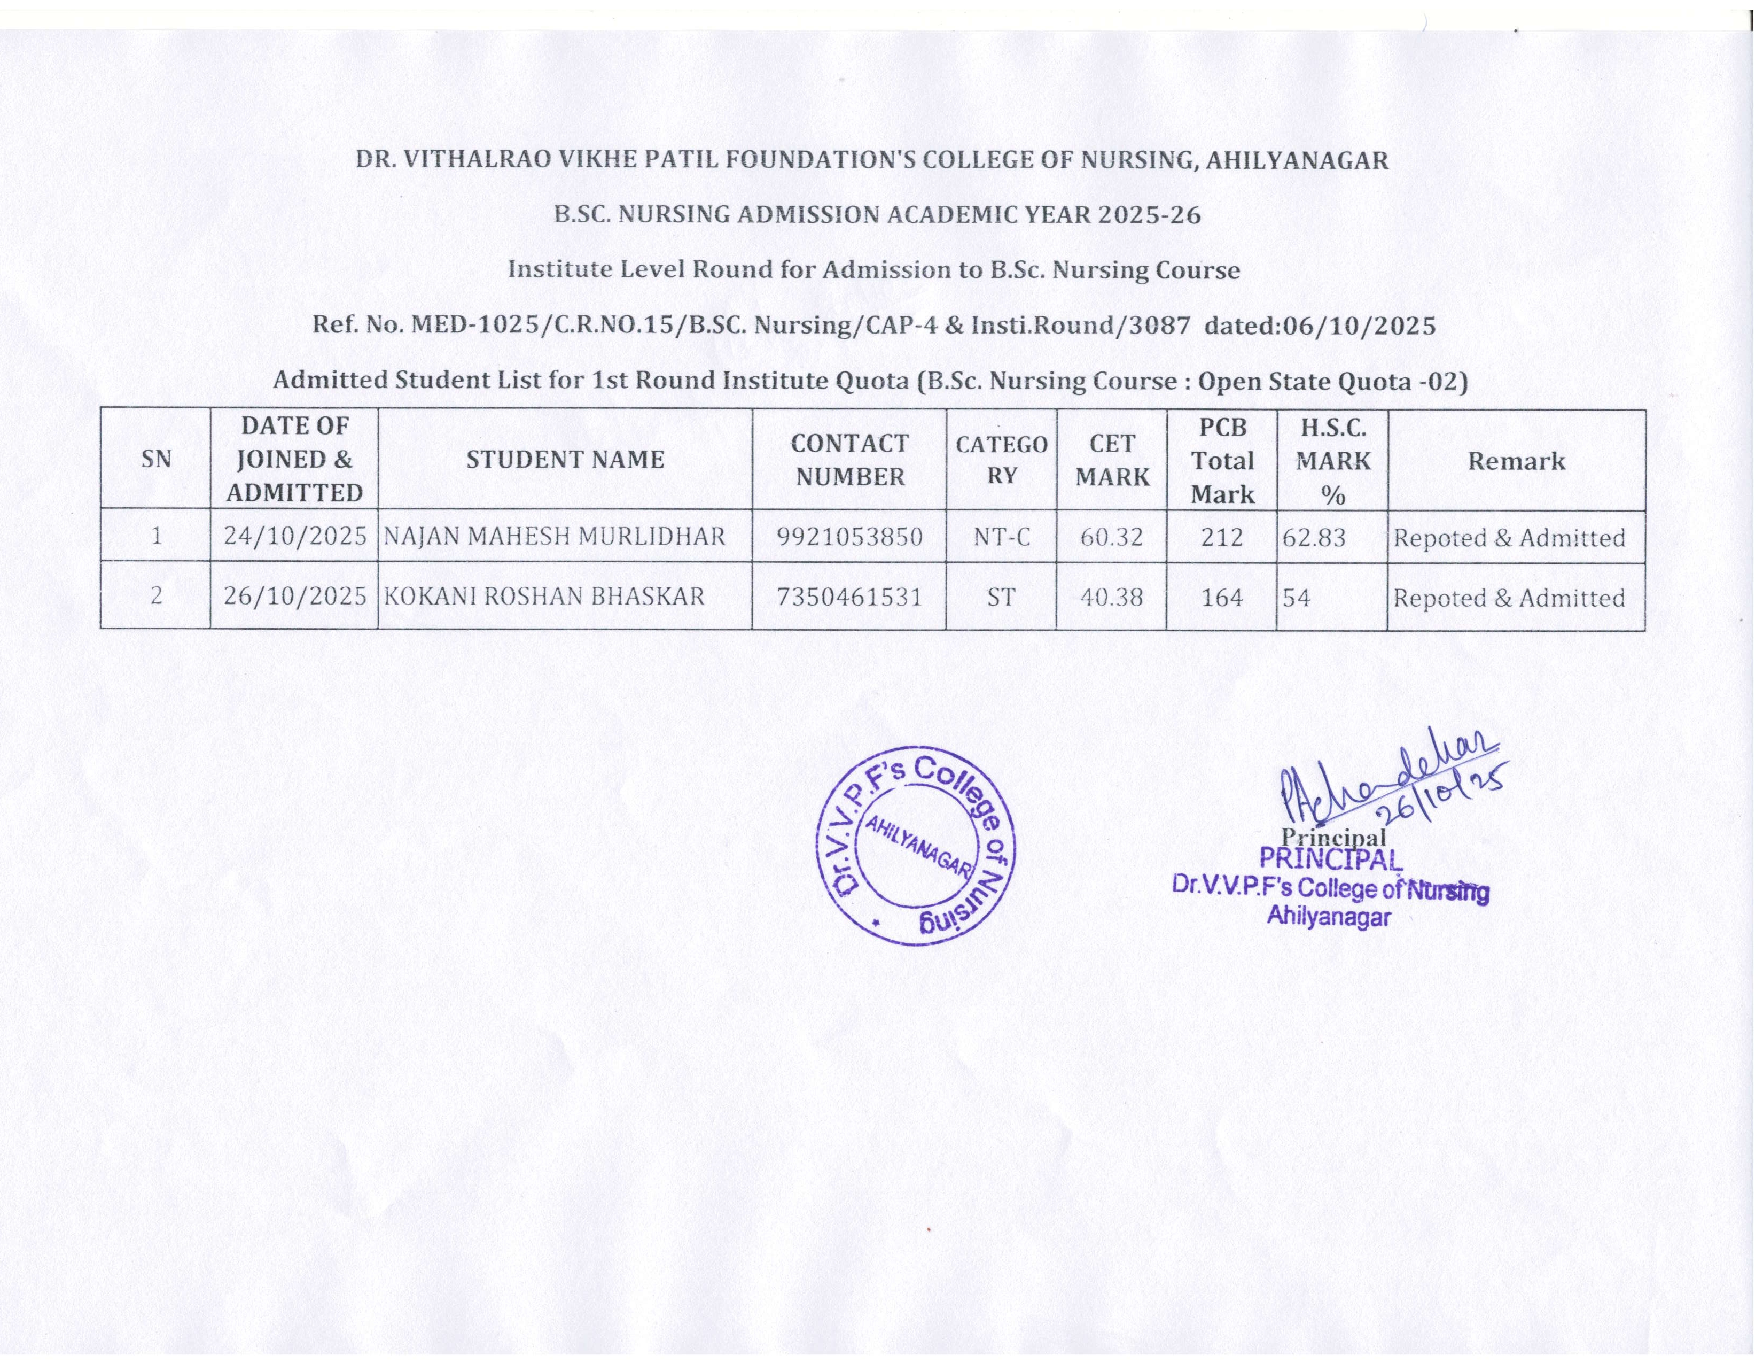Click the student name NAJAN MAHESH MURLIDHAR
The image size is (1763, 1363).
tap(555, 537)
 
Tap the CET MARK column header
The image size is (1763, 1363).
tap(1112, 460)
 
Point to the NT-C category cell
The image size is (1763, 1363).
tap(1001, 537)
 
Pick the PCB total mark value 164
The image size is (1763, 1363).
tap(1221, 598)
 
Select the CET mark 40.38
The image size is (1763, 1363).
tap(1112, 598)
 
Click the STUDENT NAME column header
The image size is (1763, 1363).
tap(565, 460)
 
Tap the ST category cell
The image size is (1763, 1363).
tap(1001, 598)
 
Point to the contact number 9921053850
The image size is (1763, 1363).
tap(849, 537)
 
